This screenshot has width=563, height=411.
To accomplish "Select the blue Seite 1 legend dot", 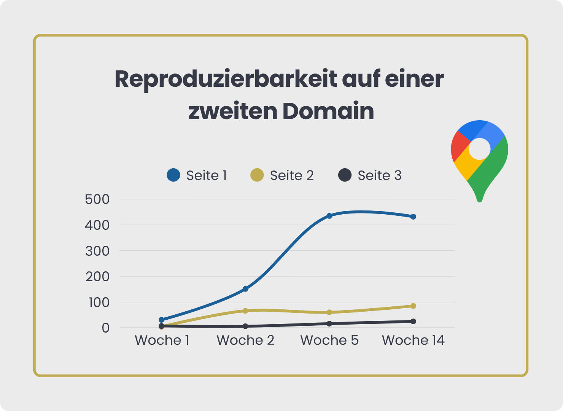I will point(173,175).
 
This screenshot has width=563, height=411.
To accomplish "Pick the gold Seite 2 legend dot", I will point(257,175).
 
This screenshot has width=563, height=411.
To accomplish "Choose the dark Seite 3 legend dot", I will point(345,175).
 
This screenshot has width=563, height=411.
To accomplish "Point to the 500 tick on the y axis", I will point(97,199).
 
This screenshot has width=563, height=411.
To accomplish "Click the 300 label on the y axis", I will point(97,251).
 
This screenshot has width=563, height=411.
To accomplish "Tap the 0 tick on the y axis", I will point(105,328).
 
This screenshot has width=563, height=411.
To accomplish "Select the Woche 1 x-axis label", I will point(162,340).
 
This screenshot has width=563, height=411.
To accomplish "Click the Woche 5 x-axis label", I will point(329,340).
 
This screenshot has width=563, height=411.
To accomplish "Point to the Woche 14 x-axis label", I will point(413,340).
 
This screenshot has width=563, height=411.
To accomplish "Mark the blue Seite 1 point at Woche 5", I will point(329,216).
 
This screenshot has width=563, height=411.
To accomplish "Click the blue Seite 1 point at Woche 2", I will point(245,289).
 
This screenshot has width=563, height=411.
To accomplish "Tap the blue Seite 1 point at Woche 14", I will point(413,217).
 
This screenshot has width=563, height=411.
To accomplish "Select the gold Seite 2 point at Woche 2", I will point(245,311).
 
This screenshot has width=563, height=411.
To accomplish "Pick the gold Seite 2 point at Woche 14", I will point(413,306).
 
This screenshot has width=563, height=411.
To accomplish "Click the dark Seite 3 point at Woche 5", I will point(329,323).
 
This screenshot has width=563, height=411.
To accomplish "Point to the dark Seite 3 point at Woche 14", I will point(413,321).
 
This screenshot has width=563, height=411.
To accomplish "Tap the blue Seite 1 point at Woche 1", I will point(162,320).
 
